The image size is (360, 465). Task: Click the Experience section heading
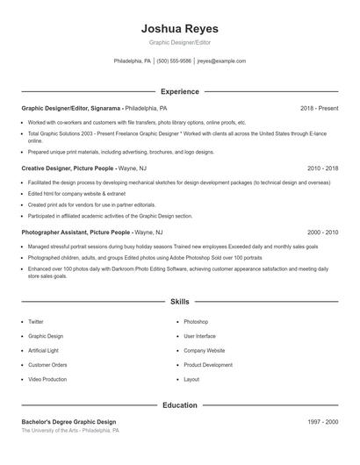[179, 91]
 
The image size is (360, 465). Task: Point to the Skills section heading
[179, 302]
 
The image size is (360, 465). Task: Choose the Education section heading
[179, 406]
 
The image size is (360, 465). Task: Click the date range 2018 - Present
[319, 108]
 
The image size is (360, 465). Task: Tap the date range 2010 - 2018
[322, 167]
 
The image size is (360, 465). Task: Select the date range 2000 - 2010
[322, 232]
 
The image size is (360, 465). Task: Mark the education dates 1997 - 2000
[322, 423]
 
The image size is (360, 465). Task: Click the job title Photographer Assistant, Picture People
[76, 232]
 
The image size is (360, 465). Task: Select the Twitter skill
[36, 322]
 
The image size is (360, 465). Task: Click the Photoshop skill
[196, 322]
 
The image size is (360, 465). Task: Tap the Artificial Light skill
[44, 350]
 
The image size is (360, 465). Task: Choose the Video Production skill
[47, 379]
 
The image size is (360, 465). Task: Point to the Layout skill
[191, 379]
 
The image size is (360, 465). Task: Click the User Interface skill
[199, 336]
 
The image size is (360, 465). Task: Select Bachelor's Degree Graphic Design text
[68, 423]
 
